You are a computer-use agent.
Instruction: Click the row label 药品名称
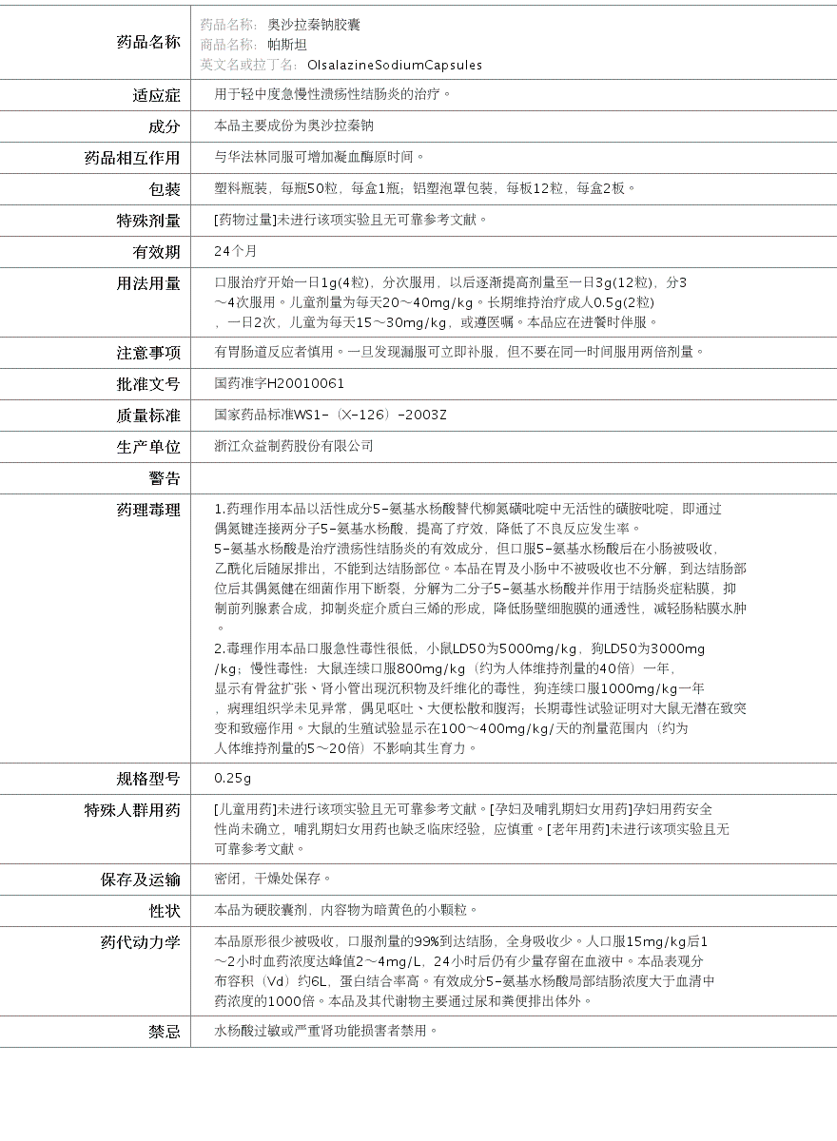click(147, 42)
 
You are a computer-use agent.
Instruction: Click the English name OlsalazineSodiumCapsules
click(394, 66)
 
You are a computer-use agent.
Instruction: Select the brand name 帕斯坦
click(286, 45)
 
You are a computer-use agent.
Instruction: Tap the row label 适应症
click(156, 95)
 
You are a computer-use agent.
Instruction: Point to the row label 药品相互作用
click(132, 158)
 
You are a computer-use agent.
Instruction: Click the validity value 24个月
click(236, 251)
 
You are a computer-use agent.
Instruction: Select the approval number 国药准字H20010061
click(280, 383)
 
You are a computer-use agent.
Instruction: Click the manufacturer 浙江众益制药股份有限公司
click(294, 446)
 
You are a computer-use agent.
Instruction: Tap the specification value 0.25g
click(233, 778)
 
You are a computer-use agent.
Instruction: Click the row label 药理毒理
click(147, 511)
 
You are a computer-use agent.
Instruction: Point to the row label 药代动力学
click(140, 942)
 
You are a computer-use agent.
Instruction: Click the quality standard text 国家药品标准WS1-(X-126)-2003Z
click(330, 415)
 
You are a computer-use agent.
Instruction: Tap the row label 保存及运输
click(140, 880)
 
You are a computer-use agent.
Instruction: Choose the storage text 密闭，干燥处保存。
click(273, 879)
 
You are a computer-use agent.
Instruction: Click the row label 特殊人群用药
click(132, 810)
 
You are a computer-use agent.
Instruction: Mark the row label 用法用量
click(147, 283)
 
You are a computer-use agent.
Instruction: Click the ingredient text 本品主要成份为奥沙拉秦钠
click(294, 126)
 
